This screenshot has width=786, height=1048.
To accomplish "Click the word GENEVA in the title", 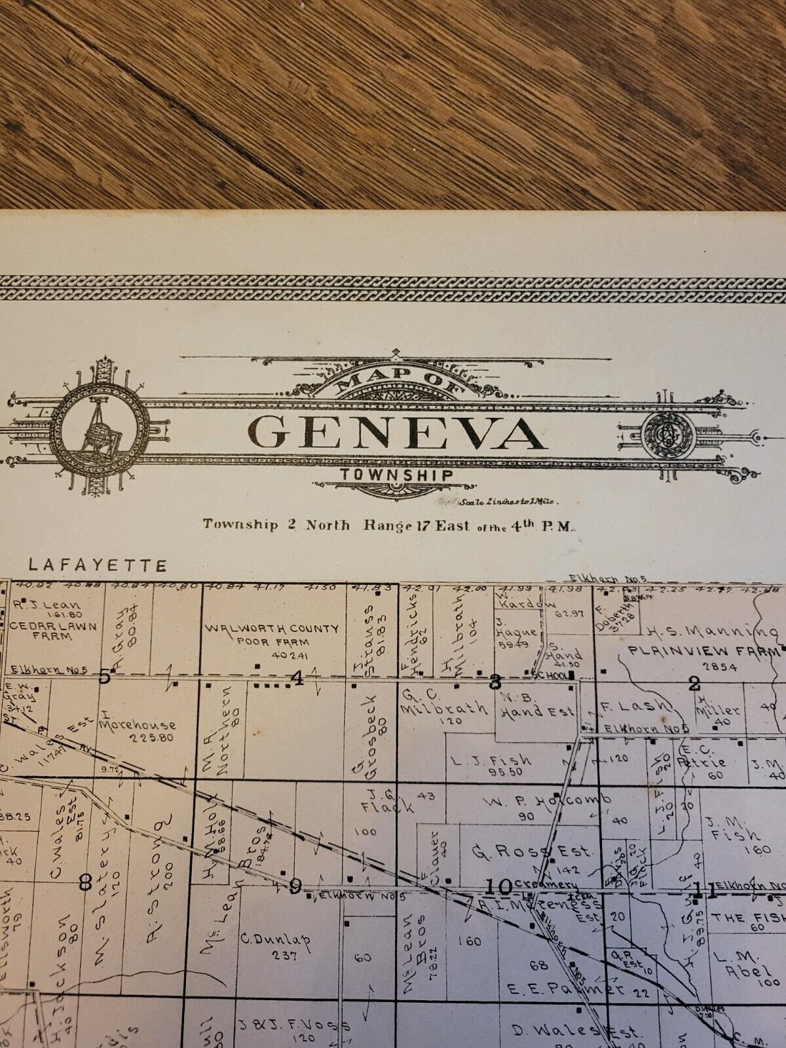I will point(396,432).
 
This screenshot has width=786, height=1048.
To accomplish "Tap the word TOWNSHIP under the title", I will point(396,476).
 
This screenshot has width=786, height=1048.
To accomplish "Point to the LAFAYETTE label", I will point(98,565).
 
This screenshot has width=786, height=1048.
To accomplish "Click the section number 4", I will point(298,679).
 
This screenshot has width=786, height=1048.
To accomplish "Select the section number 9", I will point(295,886).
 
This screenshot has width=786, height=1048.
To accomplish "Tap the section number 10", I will point(499,887).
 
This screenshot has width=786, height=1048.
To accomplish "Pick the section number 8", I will point(84,882).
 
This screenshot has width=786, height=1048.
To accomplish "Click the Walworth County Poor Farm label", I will point(272,635).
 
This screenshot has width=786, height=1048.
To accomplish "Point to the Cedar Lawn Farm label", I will point(54,631).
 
